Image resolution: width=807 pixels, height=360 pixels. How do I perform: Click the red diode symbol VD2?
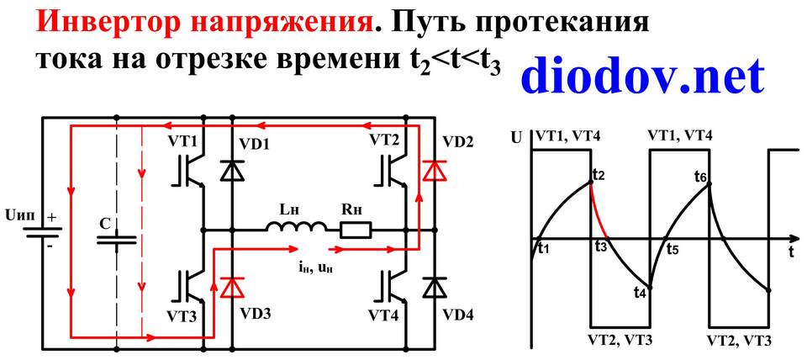pyautogui.click(x=435, y=171)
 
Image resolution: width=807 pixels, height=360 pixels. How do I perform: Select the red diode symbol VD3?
pyautogui.click(x=233, y=287)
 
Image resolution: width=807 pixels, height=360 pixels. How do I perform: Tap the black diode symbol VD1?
pyautogui.click(x=233, y=171)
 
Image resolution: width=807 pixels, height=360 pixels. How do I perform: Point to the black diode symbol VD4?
pyautogui.click(x=435, y=287)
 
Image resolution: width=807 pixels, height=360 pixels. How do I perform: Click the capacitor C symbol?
pyautogui.click(x=118, y=240)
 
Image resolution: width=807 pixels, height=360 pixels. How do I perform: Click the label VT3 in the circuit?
pyautogui.click(x=182, y=315)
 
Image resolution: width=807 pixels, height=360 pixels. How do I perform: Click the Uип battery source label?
pyautogui.click(x=19, y=215)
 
